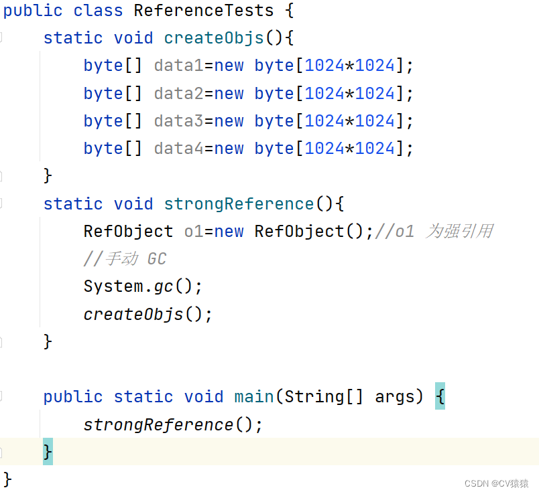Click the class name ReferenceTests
pyautogui.click(x=204, y=11)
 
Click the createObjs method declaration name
pyautogui.click(x=214, y=37)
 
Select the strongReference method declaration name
pyautogui.click(x=239, y=203)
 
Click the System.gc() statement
pyautogui.click(x=142, y=286)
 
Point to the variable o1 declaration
pyautogui.click(x=193, y=232)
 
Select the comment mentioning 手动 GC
pyautogui.click(x=125, y=259)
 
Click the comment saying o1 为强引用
pyautogui.click(x=434, y=232)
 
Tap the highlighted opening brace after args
pyautogui.click(x=440, y=396)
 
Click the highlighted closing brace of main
pyautogui.click(x=48, y=452)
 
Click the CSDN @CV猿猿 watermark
pyautogui.click(x=496, y=483)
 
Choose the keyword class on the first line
pyautogui.click(x=99, y=11)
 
